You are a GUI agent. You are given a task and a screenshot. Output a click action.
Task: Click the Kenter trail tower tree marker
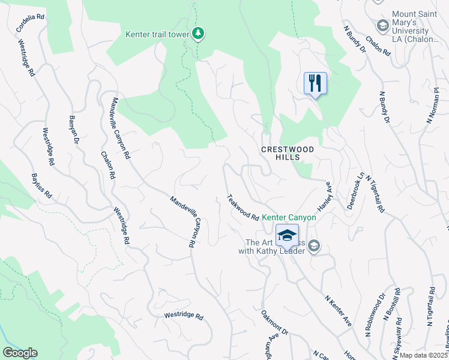[x=198, y=34]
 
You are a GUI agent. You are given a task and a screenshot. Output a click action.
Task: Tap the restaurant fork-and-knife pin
[x=315, y=83]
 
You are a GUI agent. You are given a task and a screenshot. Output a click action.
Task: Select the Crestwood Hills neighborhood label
[x=288, y=152]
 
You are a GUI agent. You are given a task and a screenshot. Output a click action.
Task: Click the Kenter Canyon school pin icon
[x=287, y=235]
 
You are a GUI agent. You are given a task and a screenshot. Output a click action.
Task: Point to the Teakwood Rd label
[x=243, y=206]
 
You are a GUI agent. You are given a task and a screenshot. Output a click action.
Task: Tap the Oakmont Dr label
[x=275, y=323]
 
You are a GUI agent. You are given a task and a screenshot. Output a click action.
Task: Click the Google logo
[x=20, y=353]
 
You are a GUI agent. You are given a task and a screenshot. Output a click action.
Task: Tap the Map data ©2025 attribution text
[x=424, y=355]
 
